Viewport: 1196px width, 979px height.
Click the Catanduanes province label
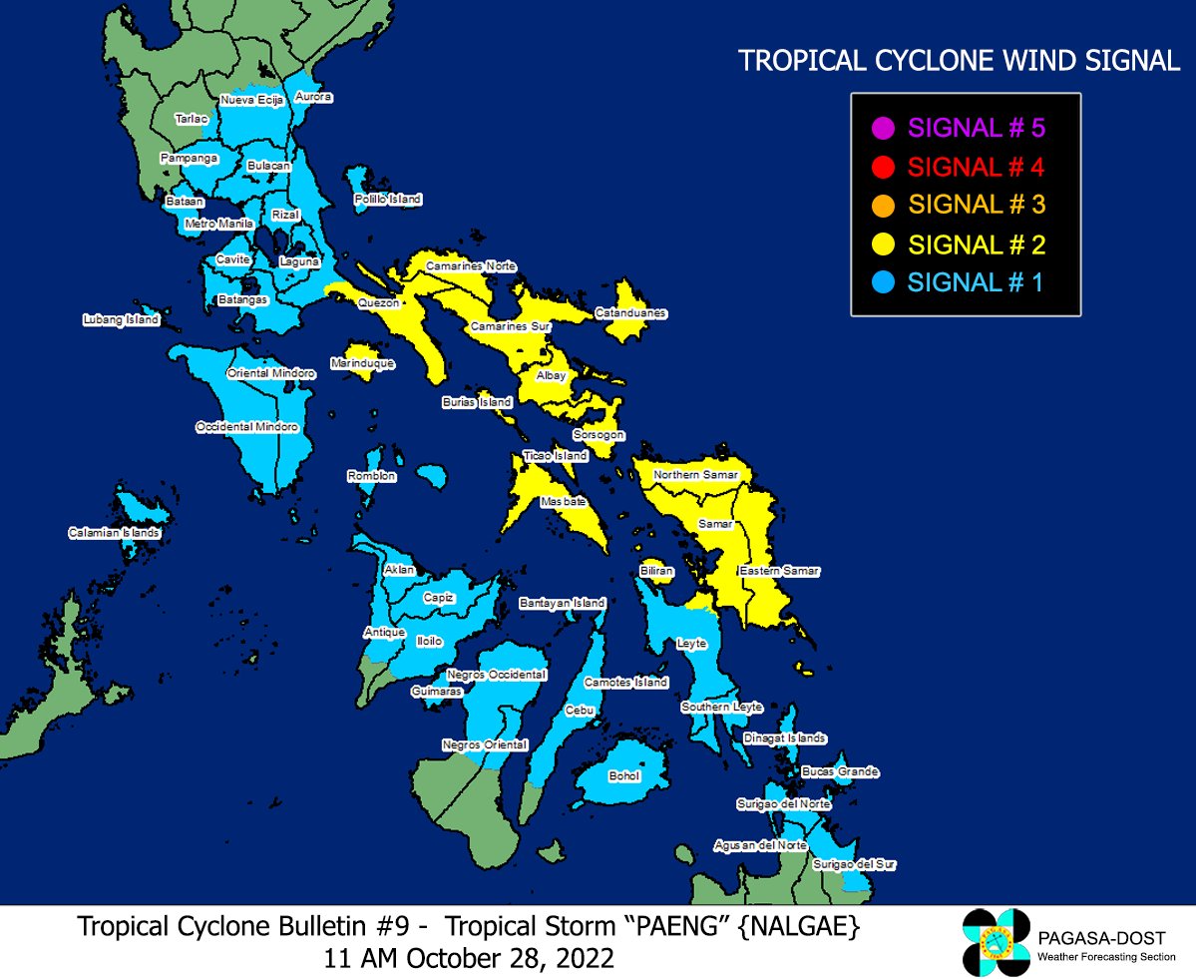click(x=630, y=313)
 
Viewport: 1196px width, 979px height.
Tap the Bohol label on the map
click(x=624, y=775)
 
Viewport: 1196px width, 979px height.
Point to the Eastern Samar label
click(x=779, y=571)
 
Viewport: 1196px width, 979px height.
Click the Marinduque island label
click(x=362, y=364)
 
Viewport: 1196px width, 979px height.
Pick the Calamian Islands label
click(x=114, y=533)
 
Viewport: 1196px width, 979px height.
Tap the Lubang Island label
click(x=121, y=320)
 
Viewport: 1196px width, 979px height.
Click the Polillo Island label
click(x=388, y=200)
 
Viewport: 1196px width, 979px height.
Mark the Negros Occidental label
click(x=497, y=675)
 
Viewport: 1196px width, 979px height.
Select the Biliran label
click(x=657, y=571)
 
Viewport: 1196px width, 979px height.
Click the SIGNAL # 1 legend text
click(x=975, y=282)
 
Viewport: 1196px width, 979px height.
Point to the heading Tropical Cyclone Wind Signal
click(x=959, y=61)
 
